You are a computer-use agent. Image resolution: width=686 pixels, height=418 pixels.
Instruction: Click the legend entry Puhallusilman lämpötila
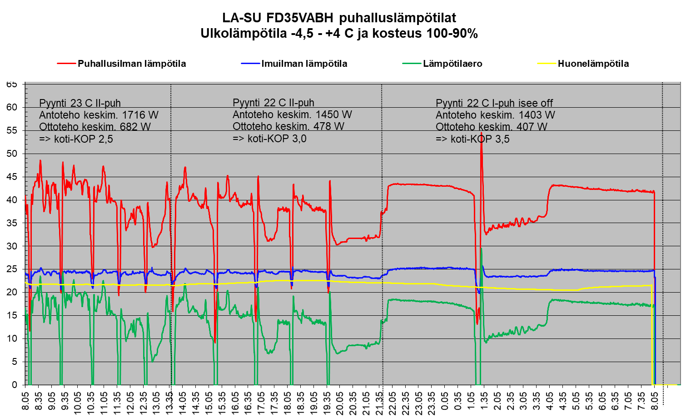(x=131, y=64)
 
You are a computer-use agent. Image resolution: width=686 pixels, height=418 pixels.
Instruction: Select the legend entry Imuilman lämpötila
(x=304, y=64)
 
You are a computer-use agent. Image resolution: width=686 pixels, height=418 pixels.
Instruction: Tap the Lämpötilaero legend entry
(x=452, y=64)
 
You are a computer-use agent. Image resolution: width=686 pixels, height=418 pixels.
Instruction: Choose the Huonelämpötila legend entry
(x=593, y=64)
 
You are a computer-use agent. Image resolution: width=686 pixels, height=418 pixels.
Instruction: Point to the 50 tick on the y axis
(x=12, y=154)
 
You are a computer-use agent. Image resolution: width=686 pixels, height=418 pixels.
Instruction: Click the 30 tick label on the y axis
(x=12, y=246)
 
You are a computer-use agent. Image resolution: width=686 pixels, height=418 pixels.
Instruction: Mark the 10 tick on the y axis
(x=12, y=338)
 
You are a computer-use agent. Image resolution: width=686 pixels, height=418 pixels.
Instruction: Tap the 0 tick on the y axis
(x=15, y=385)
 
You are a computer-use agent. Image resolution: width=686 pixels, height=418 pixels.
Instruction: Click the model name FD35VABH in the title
(x=301, y=18)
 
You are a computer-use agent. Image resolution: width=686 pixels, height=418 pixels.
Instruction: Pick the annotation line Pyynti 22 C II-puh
(x=273, y=103)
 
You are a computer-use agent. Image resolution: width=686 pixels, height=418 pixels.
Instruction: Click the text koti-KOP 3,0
(x=277, y=138)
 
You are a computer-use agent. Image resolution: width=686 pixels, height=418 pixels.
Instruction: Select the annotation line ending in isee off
(x=494, y=103)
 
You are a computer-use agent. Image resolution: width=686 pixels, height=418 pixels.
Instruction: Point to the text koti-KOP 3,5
(x=480, y=139)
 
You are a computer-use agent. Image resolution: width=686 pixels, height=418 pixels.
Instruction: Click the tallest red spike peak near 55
(x=481, y=133)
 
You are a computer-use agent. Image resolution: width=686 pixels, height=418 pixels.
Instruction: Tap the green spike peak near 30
(x=481, y=248)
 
